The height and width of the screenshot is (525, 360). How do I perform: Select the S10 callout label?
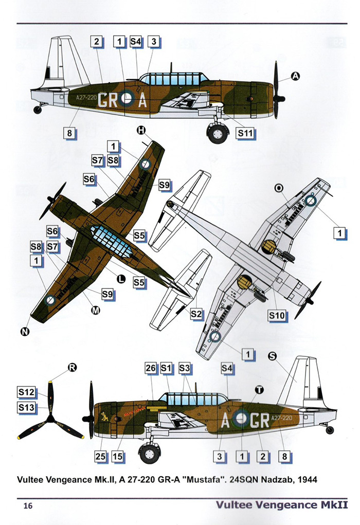tap(276, 316)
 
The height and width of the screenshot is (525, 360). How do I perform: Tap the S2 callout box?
tap(196, 313)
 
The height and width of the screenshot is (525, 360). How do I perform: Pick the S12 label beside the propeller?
tap(26, 392)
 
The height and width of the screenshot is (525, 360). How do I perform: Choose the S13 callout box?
tap(26, 407)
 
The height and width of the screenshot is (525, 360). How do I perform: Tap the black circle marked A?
tap(295, 76)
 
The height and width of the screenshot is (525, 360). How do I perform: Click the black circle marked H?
tap(141, 131)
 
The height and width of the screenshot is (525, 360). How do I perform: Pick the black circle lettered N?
tap(24, 332)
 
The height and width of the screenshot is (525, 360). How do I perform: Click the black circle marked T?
tap(259, 390)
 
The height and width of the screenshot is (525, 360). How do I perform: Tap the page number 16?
tap(28, 506)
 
